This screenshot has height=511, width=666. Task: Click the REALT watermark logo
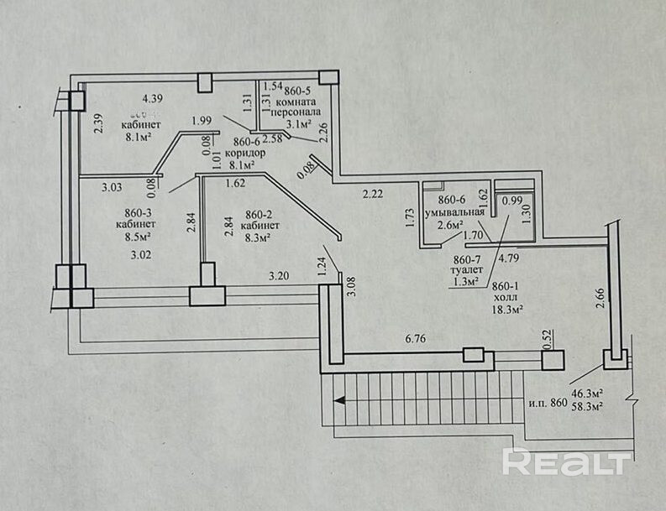click(568, 461)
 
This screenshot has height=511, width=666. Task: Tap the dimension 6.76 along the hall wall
click(417, 339)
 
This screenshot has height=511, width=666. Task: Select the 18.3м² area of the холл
click(507, 310)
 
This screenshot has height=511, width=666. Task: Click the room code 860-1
click(508, 284)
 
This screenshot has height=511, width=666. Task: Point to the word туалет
click(468, 272)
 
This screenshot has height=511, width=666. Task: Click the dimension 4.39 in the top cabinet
click(152, 98)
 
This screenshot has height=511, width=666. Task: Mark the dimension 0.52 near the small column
click(547, 339)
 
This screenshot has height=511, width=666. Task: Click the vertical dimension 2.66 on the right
click(600, 300)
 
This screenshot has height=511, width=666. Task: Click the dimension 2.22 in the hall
click(373, 195)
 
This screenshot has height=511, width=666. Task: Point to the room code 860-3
click(135, 213)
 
